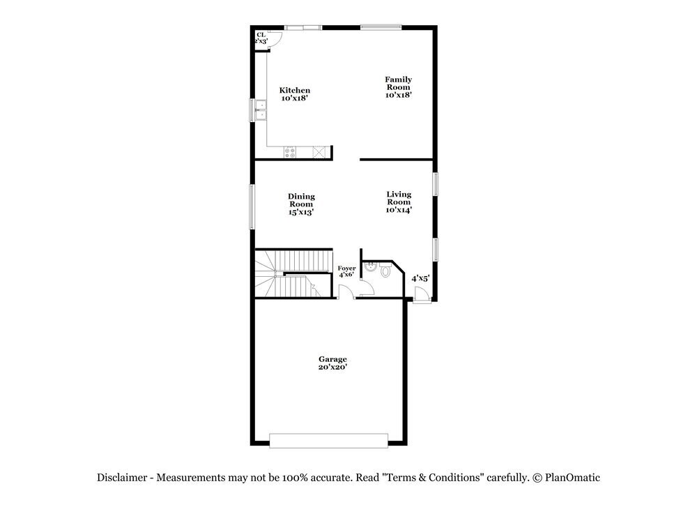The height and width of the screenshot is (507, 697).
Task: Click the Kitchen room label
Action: pyautogui.click(x=295, y=94)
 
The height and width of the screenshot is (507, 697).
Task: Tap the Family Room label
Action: pyautogui.click(x=399, y=87)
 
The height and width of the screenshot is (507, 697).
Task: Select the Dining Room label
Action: pyautogui.click(x=302, y=204)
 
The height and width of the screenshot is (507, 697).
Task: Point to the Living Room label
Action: pyautogui.click(x=399, y=202)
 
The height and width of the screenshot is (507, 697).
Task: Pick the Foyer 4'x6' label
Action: pyautogui.click(x=346, y=271)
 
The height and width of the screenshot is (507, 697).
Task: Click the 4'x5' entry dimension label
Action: pyautogui.click(x=420, y=278)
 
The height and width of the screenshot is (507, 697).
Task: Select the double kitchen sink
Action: pyautogui.click(x=259, y=111)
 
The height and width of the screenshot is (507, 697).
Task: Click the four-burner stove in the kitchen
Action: pyautogui.click(x=291, y=151)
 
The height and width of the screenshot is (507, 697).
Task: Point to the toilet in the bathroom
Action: pyautogui.click(x=386, y=271)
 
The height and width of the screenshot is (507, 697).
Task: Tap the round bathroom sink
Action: pyautogui.click(x=372, y=265)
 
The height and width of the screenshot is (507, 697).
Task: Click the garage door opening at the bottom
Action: pyautogui.click(x=328, y=440)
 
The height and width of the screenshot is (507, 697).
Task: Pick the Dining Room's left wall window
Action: pyautogui.click(x=253, y=206)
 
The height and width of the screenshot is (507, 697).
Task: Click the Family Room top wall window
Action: pyautogui.click(x=381, y=28)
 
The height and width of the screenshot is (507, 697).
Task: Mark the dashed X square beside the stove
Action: pyautogui.click(x=320, y=151)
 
